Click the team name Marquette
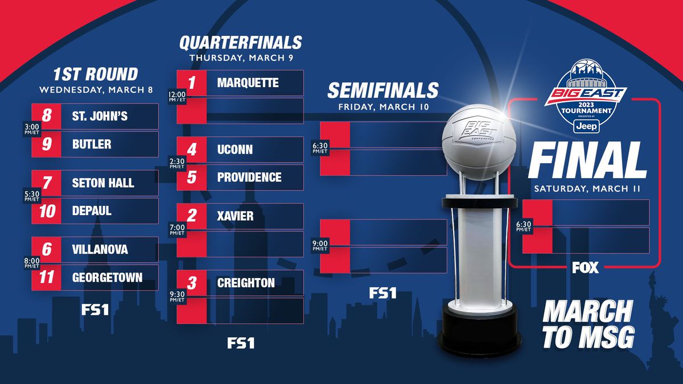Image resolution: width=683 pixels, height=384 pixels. pos(248,82)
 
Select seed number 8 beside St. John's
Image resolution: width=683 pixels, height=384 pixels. pos(46,116)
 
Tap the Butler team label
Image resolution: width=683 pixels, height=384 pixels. pos(92,144)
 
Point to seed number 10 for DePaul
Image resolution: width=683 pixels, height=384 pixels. pos(47,211)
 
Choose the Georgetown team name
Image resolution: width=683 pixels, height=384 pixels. pos(108,278)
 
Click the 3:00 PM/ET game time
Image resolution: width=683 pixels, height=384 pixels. pos(32,129)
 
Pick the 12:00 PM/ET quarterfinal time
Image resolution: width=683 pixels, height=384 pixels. pos(177,97)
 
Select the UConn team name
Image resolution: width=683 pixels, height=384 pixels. pos(235,149)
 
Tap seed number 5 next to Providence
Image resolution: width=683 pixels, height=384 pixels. pos(191,177)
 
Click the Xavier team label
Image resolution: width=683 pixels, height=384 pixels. pos(236,216)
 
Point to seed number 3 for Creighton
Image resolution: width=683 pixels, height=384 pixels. pos(191,283)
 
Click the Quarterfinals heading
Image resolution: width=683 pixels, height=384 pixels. pos(241,43)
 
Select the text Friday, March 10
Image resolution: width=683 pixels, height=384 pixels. pos(384,107)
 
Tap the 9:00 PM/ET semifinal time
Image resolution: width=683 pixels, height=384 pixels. pos(320,245)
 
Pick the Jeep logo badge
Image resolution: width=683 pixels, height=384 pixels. pos(587,126)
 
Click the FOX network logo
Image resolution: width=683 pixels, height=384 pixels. pos(586,267)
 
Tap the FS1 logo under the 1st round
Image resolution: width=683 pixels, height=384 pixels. pos(95,310)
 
